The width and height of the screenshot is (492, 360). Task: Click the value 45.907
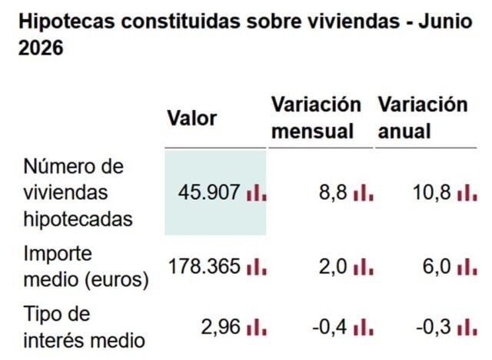tap(209, 192)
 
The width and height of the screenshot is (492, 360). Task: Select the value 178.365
tap(204, 266)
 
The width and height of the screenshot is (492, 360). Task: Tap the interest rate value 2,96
tap(221, 327)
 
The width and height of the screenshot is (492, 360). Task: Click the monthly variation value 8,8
tap(333, 192)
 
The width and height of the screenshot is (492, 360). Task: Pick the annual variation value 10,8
tap(432, 192)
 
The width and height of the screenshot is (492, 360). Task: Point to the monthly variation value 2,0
tap(333, 266)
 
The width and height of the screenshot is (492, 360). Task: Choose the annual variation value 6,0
tap(437, 266)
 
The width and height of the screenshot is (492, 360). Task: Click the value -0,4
tap(330, 327)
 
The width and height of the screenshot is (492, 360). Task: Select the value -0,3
tap(434, 327)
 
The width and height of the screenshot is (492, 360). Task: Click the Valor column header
tap(192, 118)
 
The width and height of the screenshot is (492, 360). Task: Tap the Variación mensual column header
tap(316, 118)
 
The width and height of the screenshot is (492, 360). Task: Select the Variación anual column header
tap(423, 118)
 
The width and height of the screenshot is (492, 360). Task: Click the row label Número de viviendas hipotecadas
tap(78, 192)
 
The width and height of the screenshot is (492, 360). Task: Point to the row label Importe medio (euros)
tap(86, 266)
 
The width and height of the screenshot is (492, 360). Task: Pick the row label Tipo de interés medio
tap(84, 327)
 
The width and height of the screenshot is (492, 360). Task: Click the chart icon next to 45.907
tap(257, 193)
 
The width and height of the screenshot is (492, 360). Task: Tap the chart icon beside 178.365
tap(257, 267)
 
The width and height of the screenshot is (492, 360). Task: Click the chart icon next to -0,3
tap(467, 328)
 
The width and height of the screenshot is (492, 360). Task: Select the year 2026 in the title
tap(41, 48)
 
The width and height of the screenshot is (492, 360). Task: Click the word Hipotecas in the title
tap(67, 22)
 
